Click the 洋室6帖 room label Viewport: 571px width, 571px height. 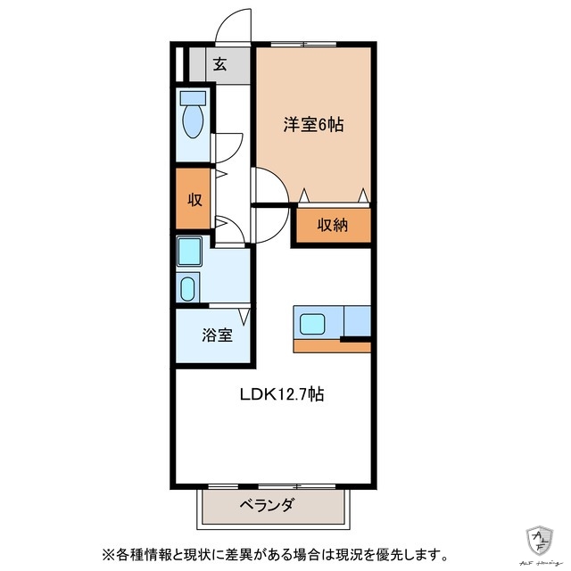(313, 126)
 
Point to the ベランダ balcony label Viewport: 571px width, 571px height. (266, 506)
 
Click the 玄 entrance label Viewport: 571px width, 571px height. (219, 63)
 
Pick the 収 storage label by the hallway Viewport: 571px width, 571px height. (193, 200)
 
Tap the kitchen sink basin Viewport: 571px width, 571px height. (315, 322)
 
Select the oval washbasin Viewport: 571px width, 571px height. (188, 288)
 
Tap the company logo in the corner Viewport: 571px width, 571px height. (542, 539)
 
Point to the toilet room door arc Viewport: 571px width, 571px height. (229, 145)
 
